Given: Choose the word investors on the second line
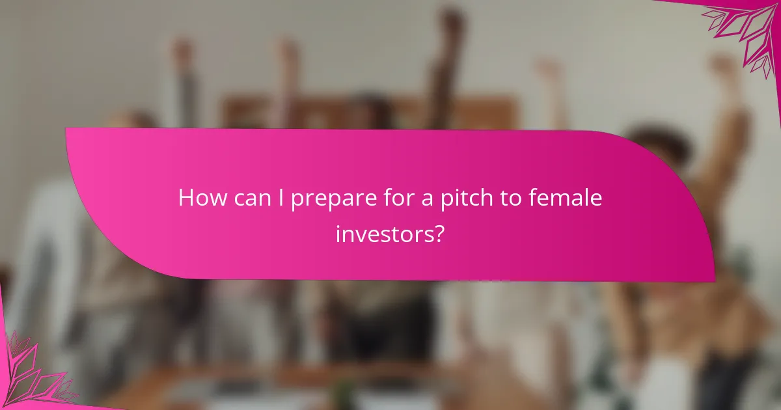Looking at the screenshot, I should coord(384,233).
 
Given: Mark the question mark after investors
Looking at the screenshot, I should coord(439,232).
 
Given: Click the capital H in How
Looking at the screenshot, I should coord(186,198).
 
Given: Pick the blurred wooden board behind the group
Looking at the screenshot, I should coord(364,111).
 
